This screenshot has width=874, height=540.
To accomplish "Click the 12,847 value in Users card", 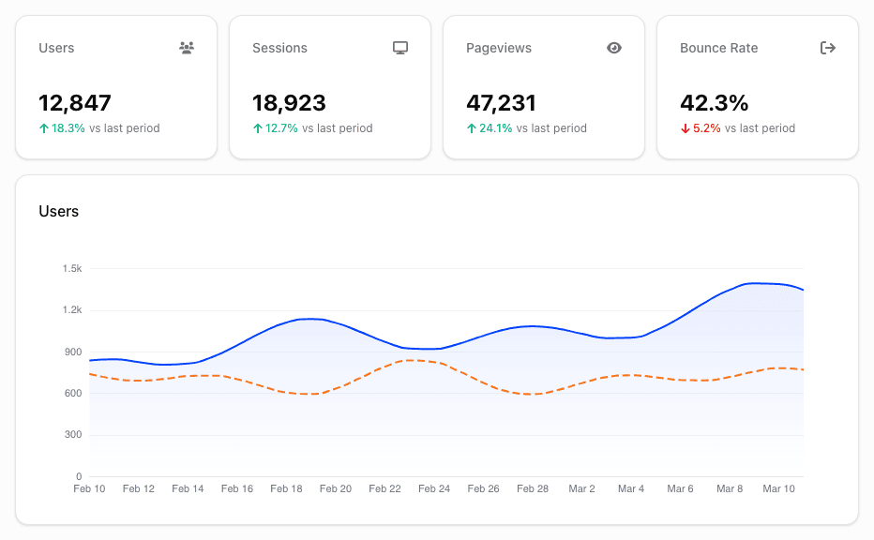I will [75, 103].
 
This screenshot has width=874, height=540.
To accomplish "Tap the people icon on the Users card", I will [187, 48].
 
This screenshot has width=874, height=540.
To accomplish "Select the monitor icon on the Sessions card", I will [400, 48].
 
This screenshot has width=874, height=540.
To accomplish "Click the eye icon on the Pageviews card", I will [614, 48].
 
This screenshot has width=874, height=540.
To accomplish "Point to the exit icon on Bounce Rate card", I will [828, 48].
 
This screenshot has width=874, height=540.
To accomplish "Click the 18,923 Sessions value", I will [289, 103].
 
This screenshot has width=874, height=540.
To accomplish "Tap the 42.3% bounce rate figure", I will [714, 103].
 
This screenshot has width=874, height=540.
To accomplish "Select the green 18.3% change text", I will [68, 128].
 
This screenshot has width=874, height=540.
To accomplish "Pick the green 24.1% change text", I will [495, 128].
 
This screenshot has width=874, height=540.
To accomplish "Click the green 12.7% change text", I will [281, 128].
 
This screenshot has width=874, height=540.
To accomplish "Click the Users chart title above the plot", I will [58, 212].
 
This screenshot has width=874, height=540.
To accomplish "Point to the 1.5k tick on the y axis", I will [72, 269].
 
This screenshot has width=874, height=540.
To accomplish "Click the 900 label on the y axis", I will [74, 352].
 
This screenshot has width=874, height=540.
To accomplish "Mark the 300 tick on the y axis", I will [74, 435].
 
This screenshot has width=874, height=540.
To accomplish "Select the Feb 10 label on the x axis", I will [89, 488].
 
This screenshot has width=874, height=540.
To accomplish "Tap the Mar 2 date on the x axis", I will [581, 488].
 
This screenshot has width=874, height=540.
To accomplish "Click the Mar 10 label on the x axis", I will [778, 488].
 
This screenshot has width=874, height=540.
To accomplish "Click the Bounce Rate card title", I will [718, 48].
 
